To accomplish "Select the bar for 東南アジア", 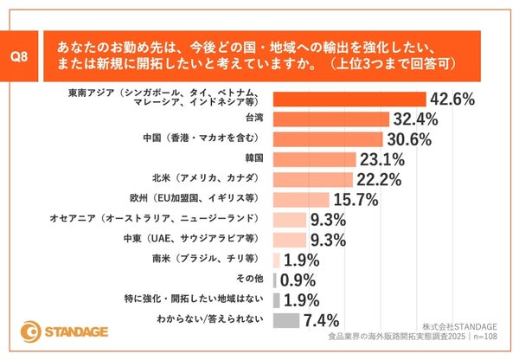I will (349, 100).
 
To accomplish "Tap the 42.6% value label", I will (452, 100).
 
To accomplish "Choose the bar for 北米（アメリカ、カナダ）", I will (312, 179).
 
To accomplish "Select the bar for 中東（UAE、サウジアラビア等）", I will (289, 240).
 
